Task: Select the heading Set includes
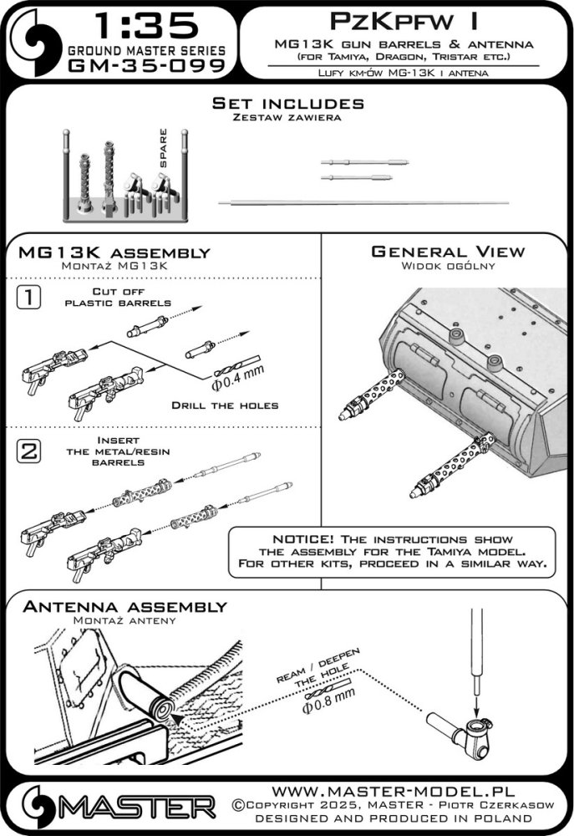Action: (x=287, y=104)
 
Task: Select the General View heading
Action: (x=447, y=252)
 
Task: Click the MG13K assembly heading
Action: (x=114, y=252)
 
